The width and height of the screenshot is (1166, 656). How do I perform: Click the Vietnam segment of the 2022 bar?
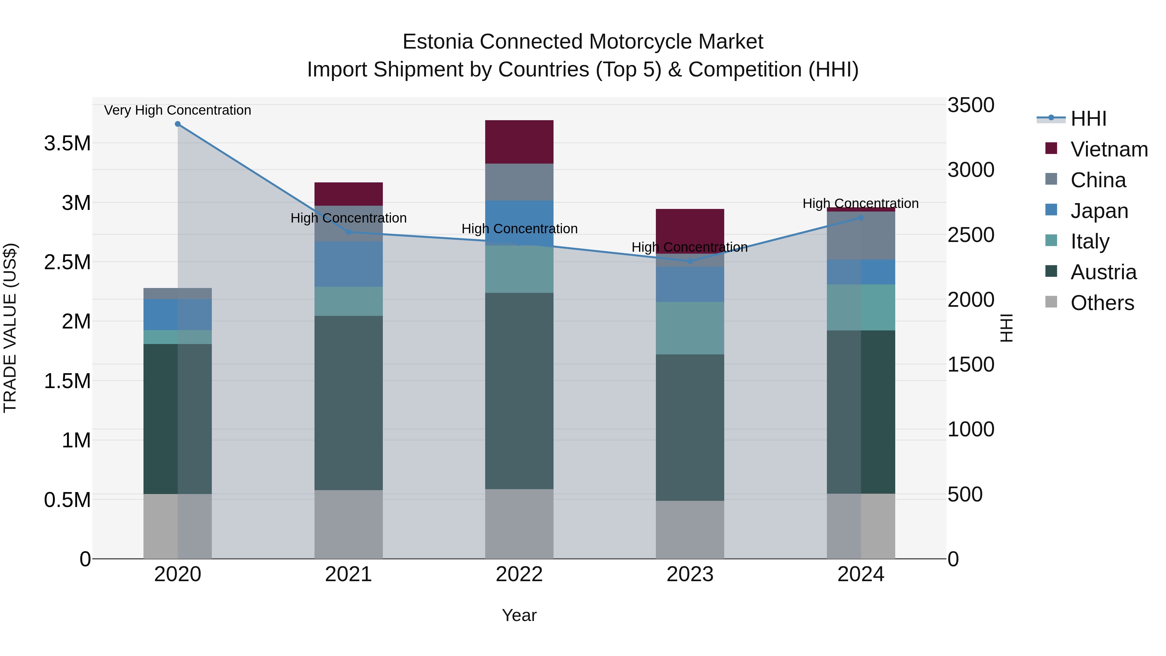click(519, 142)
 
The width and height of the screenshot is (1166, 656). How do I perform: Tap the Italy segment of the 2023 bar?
click(690, 328)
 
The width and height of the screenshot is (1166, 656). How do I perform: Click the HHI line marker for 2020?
click(178, 124)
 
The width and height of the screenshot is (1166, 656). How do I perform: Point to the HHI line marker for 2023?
click(690, 261)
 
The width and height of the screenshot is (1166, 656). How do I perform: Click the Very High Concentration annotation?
click(177, 110)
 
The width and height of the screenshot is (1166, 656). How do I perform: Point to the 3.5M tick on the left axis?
click(67, 144)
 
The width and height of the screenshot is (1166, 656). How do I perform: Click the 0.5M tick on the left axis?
click(67, 500)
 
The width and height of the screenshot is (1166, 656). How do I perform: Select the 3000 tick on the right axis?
click(971, 170)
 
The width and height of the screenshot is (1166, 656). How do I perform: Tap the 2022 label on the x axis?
click(519, 574)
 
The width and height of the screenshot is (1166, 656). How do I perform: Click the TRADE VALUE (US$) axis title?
click(10, 328)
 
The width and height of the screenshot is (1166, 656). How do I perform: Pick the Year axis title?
click(519, 615)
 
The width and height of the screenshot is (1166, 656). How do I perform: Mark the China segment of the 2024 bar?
click(861, 236)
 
